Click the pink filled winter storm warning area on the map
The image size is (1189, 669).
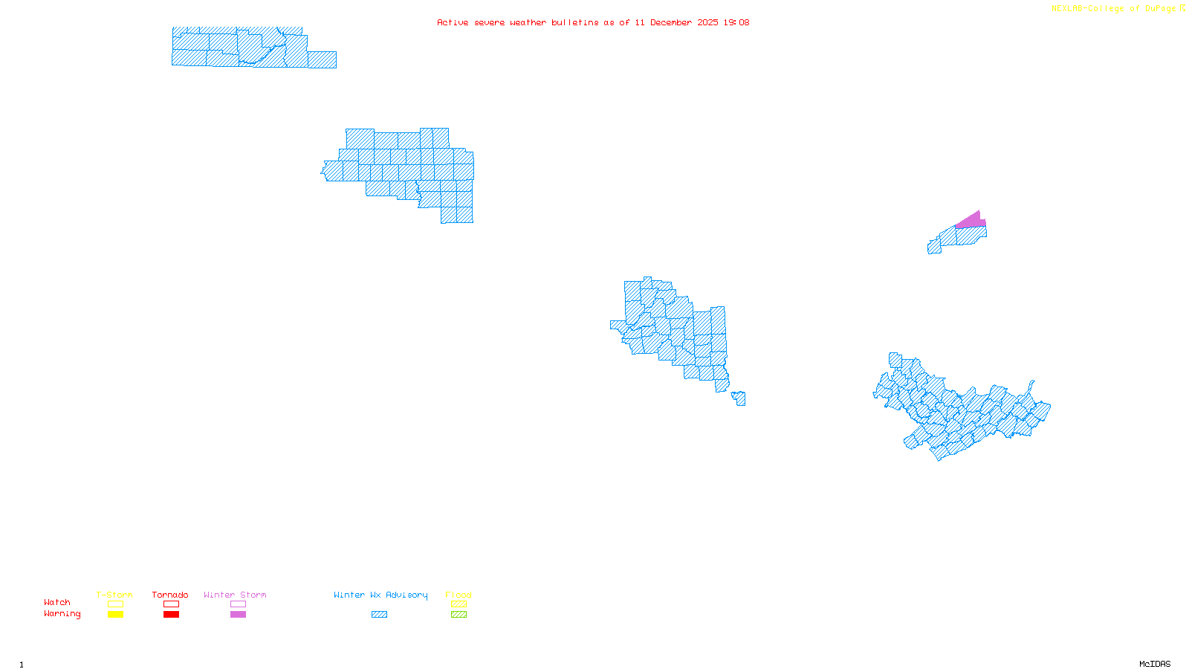973,220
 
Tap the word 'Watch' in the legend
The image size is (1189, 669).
57,603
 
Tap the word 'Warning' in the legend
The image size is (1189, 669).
62,614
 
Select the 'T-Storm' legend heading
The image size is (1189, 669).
114,595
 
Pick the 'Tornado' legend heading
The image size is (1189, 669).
170,595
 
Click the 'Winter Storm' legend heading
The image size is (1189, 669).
235,595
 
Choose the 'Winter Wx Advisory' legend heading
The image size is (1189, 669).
380,595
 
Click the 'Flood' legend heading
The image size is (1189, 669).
459,595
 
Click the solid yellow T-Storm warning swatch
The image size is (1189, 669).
115,615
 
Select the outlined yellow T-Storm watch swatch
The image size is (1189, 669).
115,604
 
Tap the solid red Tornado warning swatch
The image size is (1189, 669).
171,615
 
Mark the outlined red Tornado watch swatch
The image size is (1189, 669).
171,604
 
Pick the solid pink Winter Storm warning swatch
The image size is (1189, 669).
238,615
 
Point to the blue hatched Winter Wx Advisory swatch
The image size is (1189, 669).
379,615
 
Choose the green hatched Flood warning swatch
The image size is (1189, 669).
459,615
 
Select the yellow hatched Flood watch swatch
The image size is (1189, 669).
459,604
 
